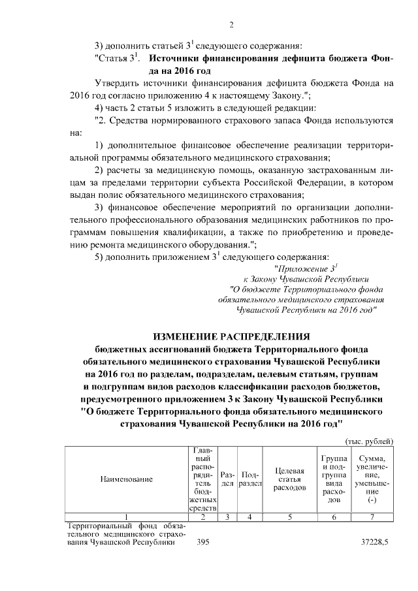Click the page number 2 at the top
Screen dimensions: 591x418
point(231,25)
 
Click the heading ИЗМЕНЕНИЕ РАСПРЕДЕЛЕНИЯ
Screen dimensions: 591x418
point(231,336)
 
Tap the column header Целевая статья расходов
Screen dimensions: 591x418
point(289,479)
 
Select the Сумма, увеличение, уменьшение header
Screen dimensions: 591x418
point(372,479)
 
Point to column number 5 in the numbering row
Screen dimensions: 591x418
point(289,517)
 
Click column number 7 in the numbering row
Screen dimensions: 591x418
point(372,517)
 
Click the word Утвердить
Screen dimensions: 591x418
point(116,84)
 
